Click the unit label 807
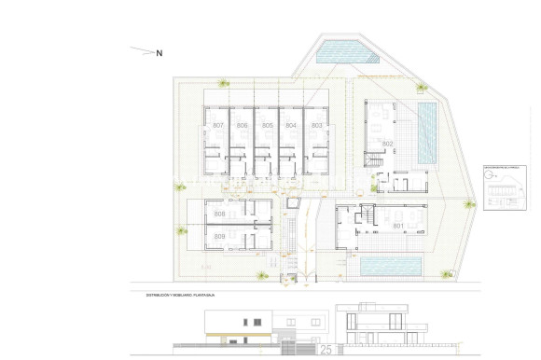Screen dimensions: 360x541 tap(218, 125)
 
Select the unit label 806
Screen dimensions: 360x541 tap(243, 125)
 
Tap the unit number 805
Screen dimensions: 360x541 tap(267, 125)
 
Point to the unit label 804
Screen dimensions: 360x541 tap(291, 125)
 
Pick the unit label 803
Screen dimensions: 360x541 tap(316, 125)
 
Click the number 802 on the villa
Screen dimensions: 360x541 tap(387, 143)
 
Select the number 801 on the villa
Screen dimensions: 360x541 tap(397, 226)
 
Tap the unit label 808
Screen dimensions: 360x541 tap(219, 215)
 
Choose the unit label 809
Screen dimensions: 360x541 tap(219, 237)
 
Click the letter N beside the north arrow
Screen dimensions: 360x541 tap(159, 53)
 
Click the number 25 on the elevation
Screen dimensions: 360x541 tap(326, 351)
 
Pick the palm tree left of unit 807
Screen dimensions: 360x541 tap(178, 186)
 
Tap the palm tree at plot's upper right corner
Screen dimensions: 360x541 tap(422, 88)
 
